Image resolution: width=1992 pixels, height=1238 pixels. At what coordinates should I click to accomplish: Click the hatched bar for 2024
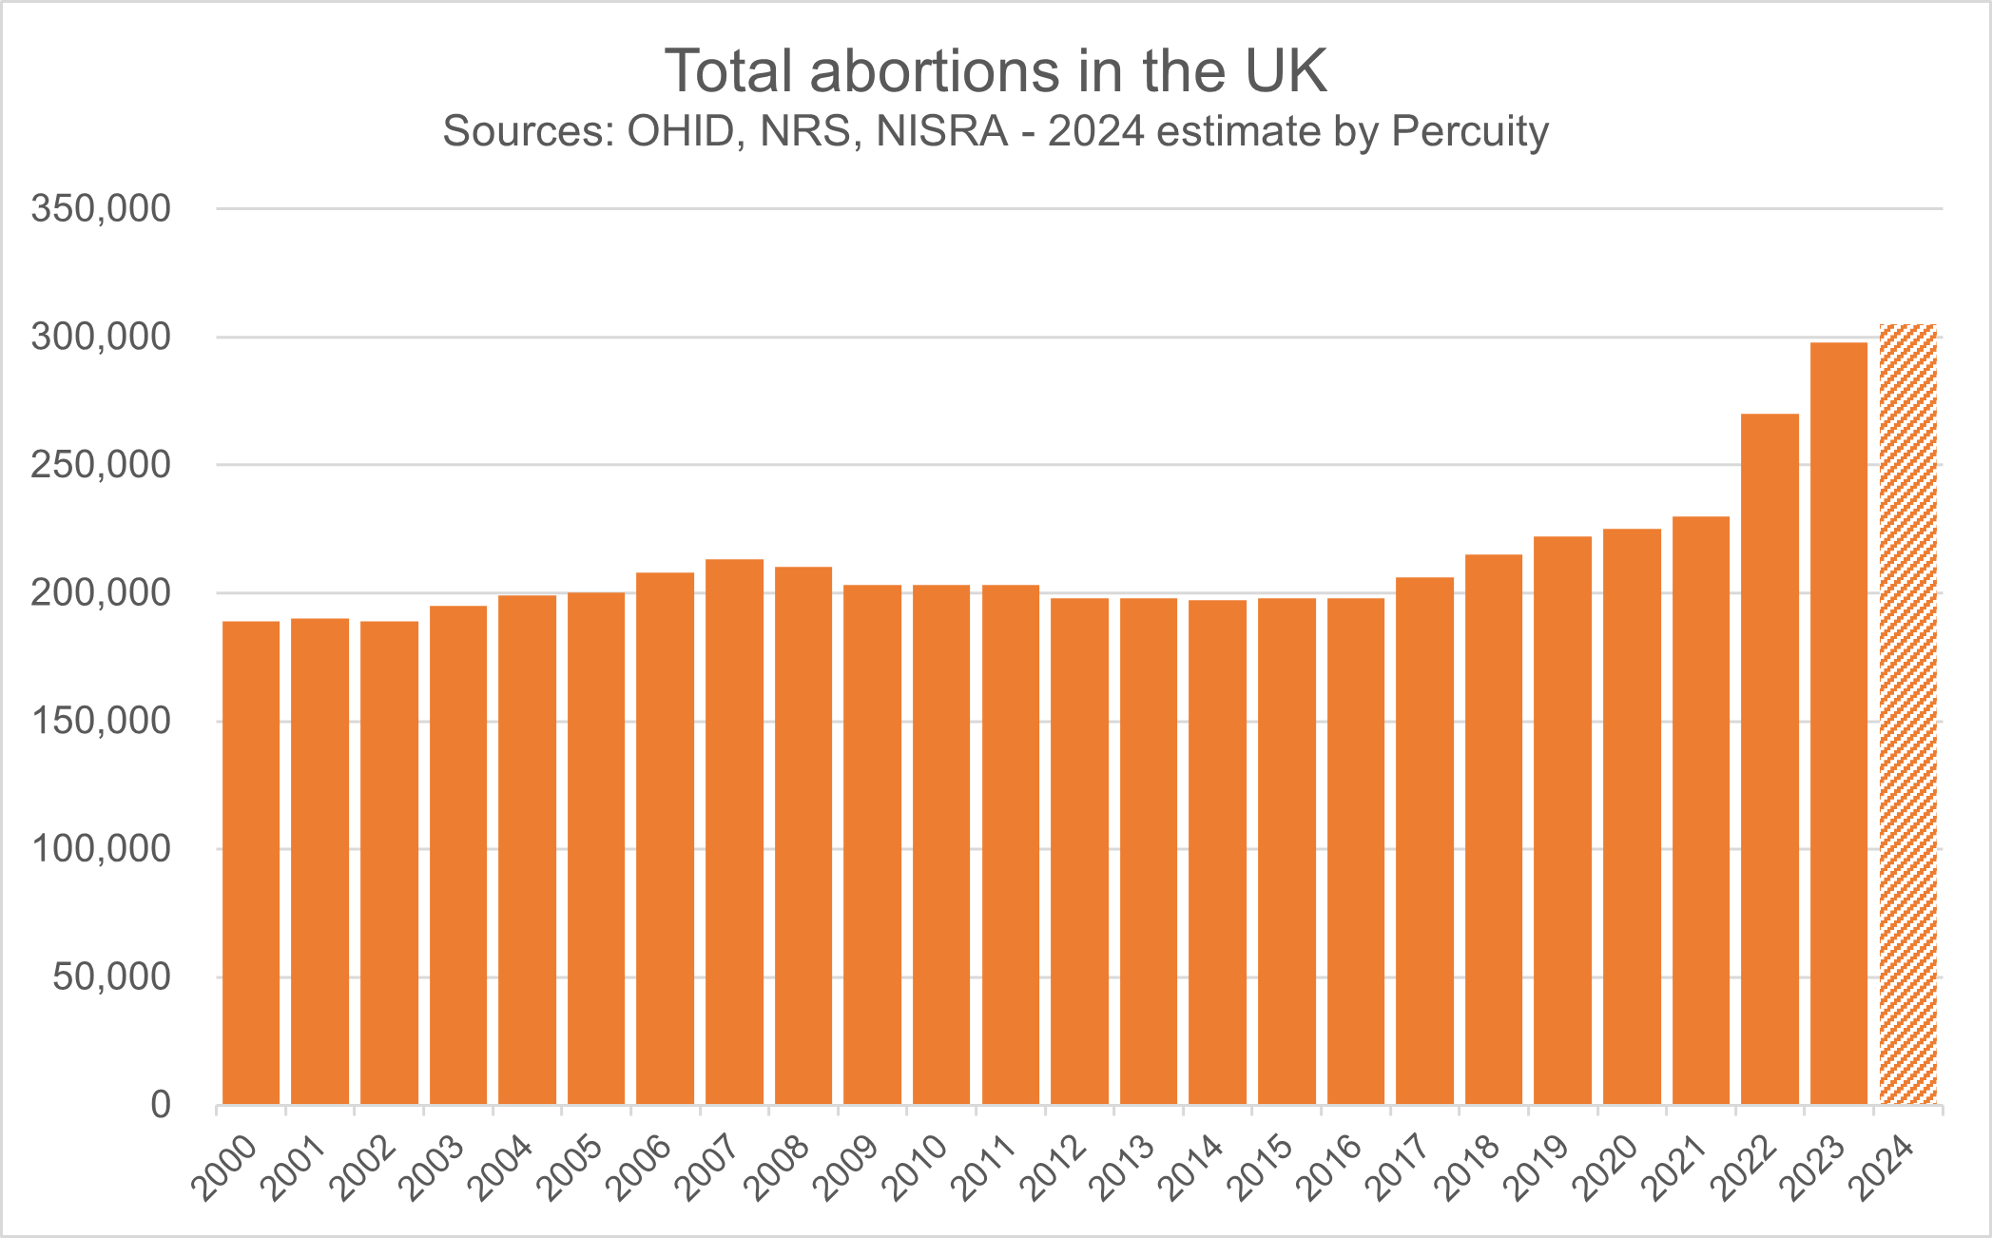[1907, 713]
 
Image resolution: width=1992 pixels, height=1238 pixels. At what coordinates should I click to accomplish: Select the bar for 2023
[1839, 723]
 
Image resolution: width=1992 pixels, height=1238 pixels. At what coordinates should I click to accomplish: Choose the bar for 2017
[1424, 841]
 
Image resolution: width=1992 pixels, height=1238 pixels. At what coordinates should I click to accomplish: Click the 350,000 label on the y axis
[101, 208]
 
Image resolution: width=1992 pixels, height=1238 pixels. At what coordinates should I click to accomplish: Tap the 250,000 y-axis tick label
[101, 465]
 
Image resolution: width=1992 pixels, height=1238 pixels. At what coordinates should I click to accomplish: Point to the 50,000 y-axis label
[111, 977]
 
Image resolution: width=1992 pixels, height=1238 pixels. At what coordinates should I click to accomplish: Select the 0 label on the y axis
[161, 1105]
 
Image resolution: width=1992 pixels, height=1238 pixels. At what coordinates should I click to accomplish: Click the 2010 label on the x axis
[916, 1167]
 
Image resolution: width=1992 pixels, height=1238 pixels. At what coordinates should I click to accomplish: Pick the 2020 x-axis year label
[1606, 1167]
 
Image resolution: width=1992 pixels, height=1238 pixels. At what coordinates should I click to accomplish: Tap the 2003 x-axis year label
[433, 1167]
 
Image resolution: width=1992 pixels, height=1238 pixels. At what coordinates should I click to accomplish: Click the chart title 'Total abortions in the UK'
[996, 71]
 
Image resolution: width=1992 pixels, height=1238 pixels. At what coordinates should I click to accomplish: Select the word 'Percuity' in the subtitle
[1470, 131]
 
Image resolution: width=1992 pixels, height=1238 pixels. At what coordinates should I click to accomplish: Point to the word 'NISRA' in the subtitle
[941, 131]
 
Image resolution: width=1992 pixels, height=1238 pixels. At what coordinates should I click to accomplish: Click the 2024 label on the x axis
[1882, 1167]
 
